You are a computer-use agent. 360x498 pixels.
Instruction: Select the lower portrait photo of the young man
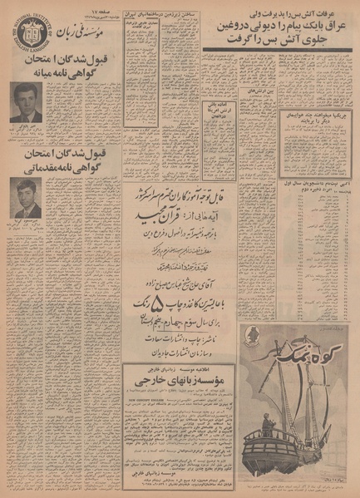27,199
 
